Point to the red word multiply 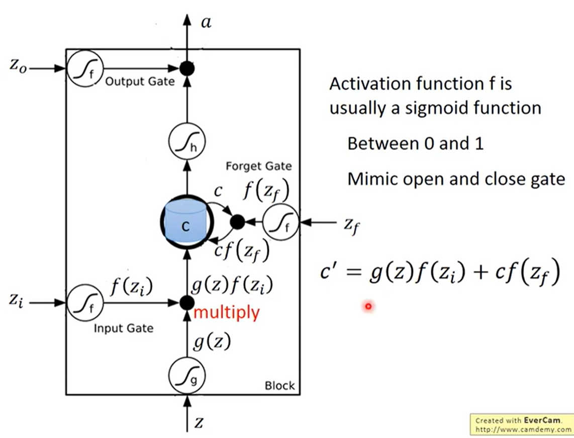pos(227,313)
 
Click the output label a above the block pos(206,22)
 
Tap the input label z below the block pos(199,422)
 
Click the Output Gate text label pos(140,82)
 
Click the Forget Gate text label pos(259,166)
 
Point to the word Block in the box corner pos(280,386)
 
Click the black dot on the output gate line pos(187,68)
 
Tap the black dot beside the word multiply pos(187,303)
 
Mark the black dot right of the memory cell pos(237,222)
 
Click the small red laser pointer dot pos(368,306)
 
